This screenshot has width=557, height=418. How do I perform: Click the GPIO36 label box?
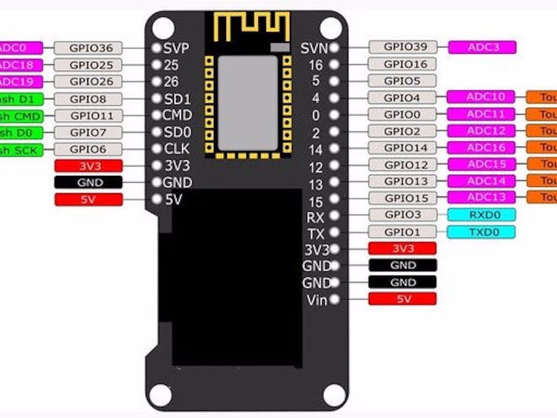[x=87, y=48]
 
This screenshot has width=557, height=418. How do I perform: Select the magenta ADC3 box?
[x=482, y=46]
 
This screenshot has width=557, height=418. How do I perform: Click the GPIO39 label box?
[x=402, y=46]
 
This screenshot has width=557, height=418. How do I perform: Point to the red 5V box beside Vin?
[x=402, y=299]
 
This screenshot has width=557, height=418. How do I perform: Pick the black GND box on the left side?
[x=89, y=183]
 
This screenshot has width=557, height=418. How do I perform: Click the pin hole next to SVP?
[x=156, y=48]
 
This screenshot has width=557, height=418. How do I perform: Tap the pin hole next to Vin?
[x=335, y=300]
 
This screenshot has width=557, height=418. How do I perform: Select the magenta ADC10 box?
[x=481, y=97]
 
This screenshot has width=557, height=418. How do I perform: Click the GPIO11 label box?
[x=88, y=115]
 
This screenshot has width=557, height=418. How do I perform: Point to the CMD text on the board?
[x=177, y=115]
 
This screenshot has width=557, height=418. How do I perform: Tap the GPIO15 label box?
[x=402, y=198]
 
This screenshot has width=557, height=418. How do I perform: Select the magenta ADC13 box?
[x=481, y=197]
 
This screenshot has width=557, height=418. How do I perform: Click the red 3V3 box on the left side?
[x=89, y=166]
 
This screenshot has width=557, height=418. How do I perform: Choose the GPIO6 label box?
[x=88, y=149]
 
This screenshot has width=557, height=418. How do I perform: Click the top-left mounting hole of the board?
[x=163, y=28]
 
